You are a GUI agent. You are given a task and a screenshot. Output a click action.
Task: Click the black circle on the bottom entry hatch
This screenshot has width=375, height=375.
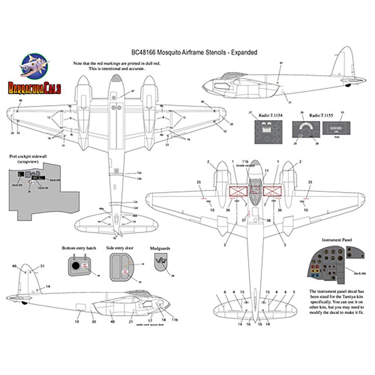(x=75, y=265)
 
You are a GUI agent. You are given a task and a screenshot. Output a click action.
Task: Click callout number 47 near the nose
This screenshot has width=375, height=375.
(x=132, y=91)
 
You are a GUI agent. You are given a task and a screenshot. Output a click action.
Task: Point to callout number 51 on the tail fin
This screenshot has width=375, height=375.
(x=42, y=266)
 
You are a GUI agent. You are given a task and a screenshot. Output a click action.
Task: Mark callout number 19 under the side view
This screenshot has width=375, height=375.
(x=76, y=322)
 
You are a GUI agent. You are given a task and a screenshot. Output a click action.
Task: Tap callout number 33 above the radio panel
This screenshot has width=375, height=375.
(x=342, y=112)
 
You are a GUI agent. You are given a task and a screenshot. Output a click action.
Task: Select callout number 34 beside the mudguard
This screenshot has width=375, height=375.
(x=172, y=276)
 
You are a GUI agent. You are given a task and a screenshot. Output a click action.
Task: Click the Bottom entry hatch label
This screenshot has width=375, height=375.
(x=79, y=248)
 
